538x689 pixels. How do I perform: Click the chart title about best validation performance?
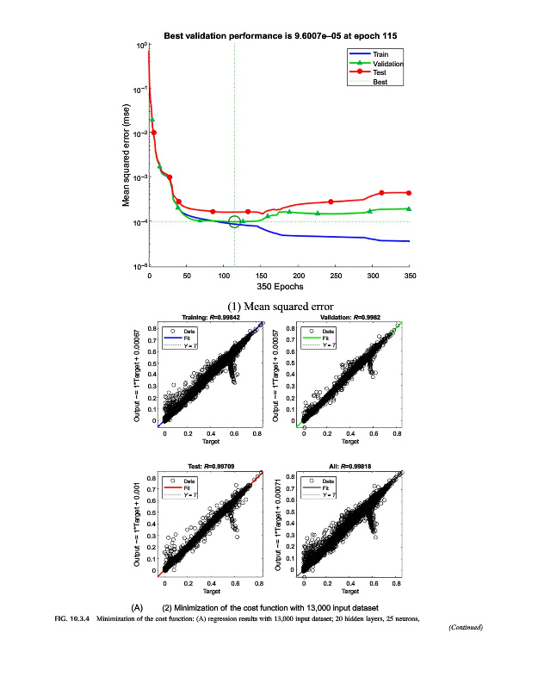(x=281, y=36)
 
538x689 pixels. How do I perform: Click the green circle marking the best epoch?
(x=234, y=222)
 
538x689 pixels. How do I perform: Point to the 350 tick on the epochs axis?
(x=410, y=276)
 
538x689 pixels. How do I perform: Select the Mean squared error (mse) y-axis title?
(x=126, y=155)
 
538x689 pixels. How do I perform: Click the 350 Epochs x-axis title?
(x=280, y=287)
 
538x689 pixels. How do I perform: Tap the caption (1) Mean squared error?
(x=280, y=306)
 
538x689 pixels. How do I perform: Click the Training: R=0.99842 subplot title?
(x=211, y=318)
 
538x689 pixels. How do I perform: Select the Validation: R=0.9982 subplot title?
(x=349, y=318)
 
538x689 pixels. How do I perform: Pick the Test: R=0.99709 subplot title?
(x=211, y=466)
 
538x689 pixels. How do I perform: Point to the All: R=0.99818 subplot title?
(x=349, y=466)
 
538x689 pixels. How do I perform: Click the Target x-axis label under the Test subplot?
(x=211, y=591)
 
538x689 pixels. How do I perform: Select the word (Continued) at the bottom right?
(x=466, y=627)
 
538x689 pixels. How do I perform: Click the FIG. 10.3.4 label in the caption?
(x=72, y=618)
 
